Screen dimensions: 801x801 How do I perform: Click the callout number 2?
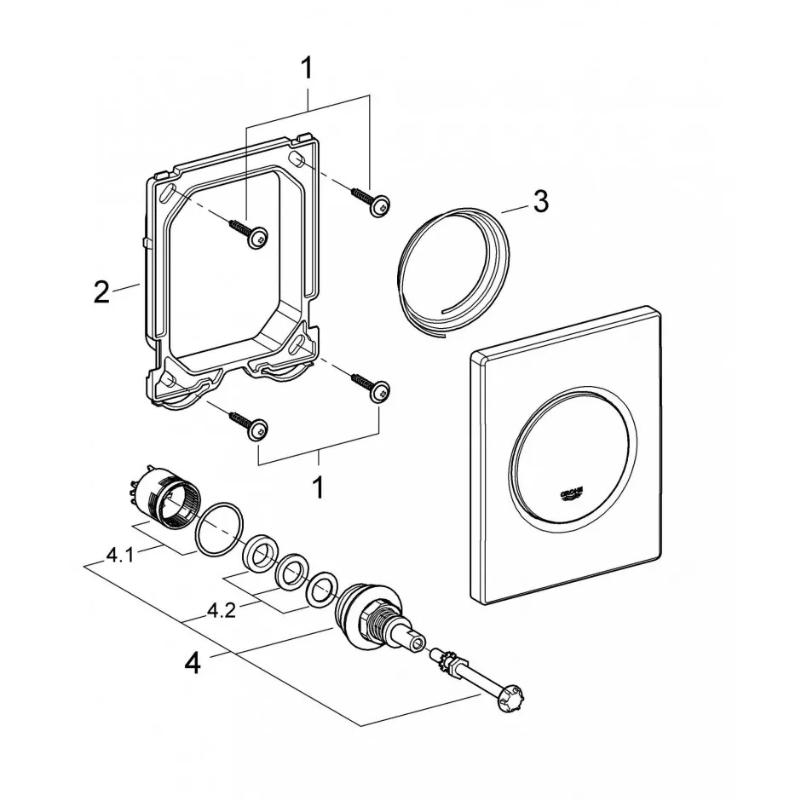[x=101, y=291]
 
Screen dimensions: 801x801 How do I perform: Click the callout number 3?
[x=540, y=202]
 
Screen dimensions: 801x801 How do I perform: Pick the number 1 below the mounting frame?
[x=318, y=487]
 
